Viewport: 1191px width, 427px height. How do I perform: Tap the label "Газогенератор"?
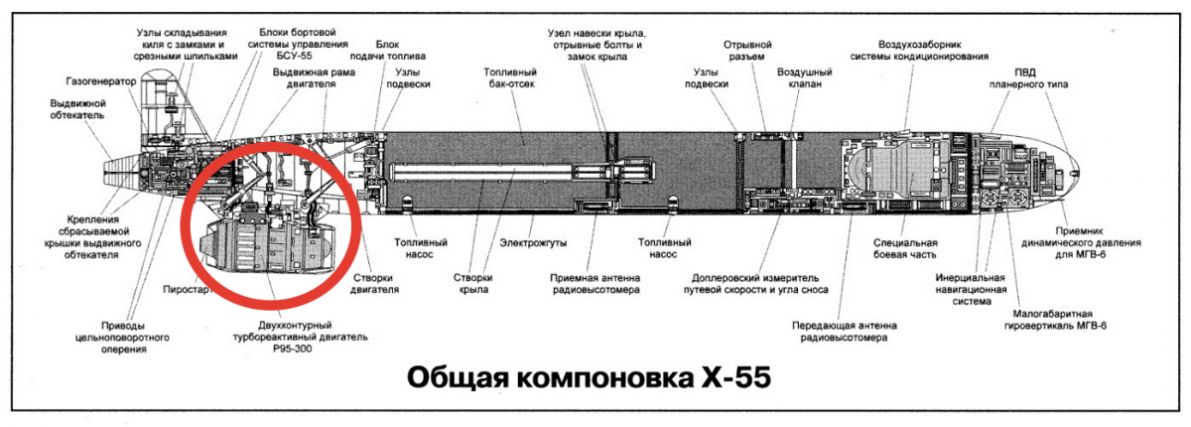[100, 81]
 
